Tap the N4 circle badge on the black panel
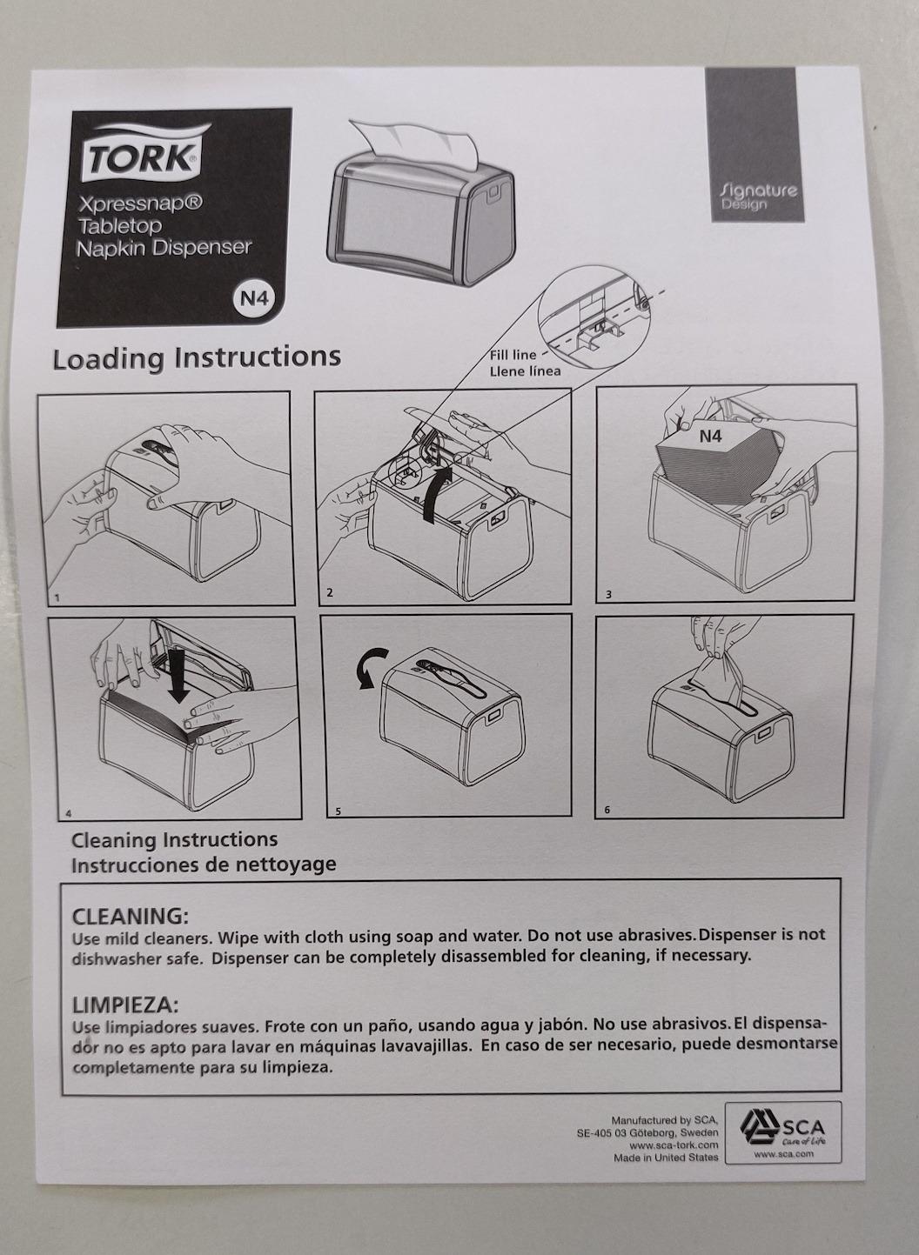click(x=253, y=298)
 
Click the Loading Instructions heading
click(x=197, y=357)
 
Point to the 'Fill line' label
click(x=513, y=355)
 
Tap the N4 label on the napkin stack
click(x=710, y=436)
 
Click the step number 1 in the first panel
click(x=57, y=598)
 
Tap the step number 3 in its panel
click(x=608, y=595)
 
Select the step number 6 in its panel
click(x=607, y=810)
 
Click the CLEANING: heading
click(x=130, y=918)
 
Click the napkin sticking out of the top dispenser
click(x=416, y=141)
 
